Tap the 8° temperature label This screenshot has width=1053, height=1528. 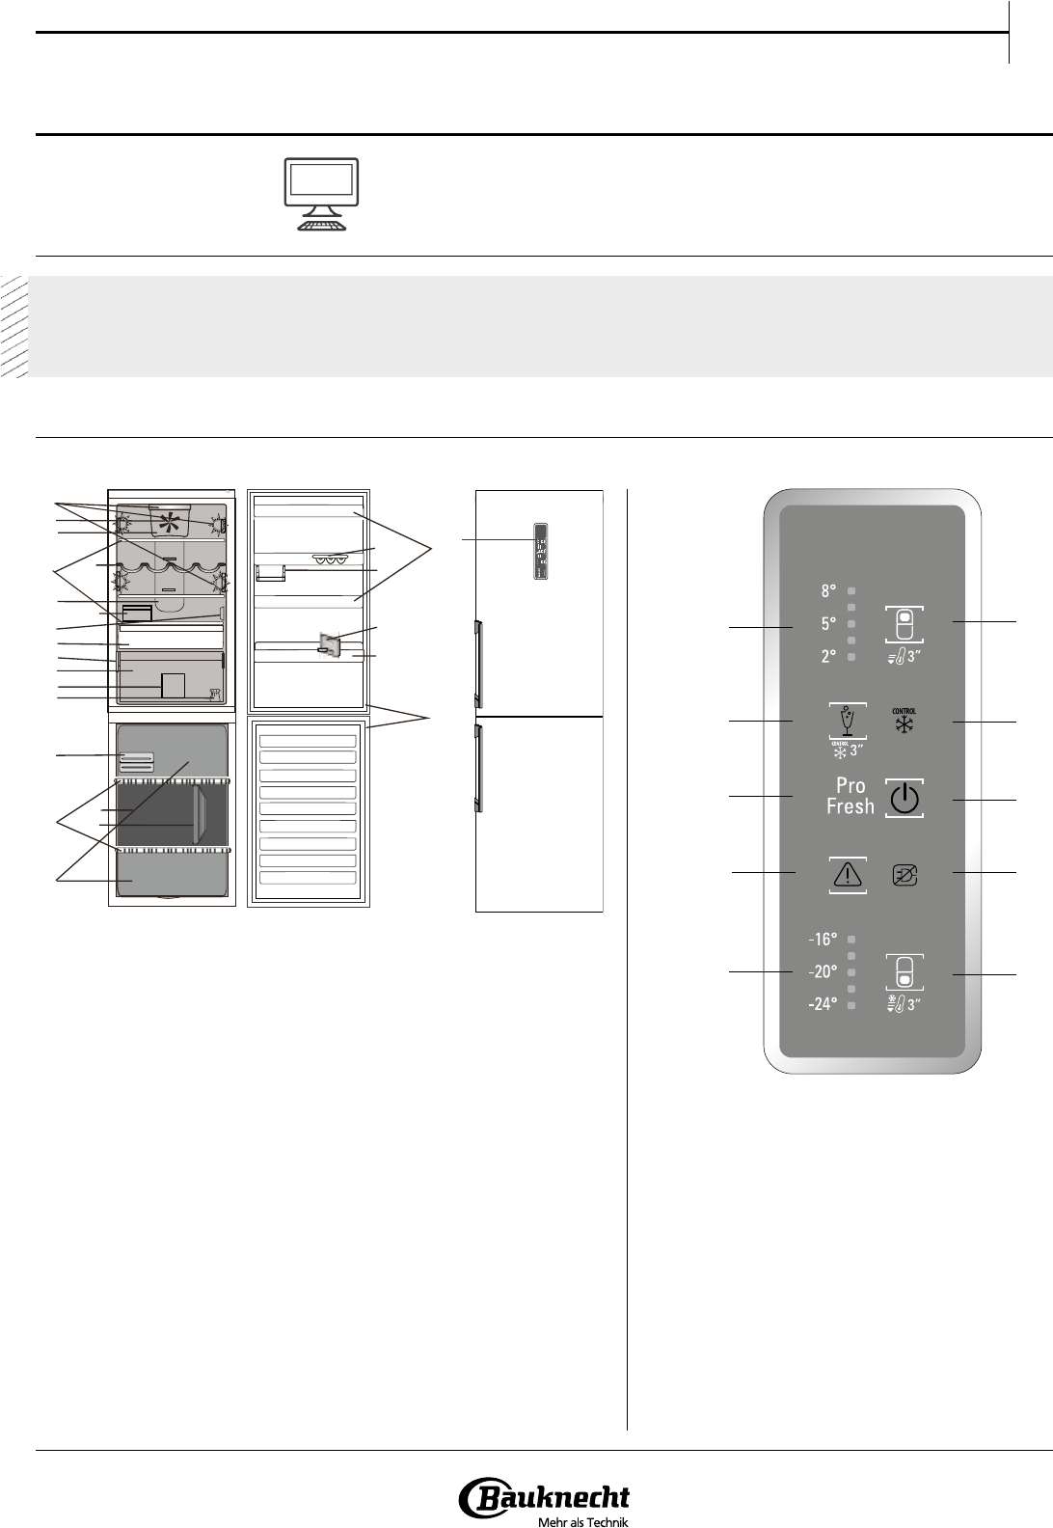(828, 591)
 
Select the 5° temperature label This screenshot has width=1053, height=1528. (828, 624)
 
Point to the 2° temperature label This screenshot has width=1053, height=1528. (828, 657)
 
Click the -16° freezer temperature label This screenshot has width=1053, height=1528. (822, 939)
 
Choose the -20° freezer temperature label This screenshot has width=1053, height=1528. (822, 971)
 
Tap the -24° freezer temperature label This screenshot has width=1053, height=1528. (822, 1004)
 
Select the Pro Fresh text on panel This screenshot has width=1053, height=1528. (850, 796)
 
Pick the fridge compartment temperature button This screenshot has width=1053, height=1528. (904, 624)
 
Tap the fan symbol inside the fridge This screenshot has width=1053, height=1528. (171, 524)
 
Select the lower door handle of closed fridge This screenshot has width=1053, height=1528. (476, 771)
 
